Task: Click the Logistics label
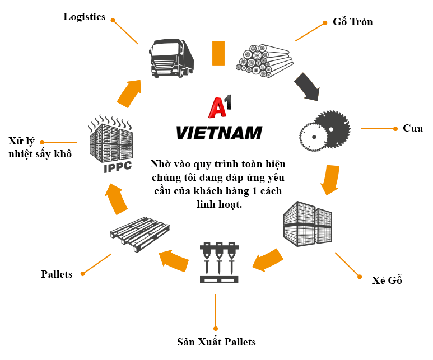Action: [x=84, y=17]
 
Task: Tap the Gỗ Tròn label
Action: [x=352, y=22]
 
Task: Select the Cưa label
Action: [x=412, y=128]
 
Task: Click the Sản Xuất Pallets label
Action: [x=216, y=342]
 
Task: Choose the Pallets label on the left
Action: [x=57, y=274]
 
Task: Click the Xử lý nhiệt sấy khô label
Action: [x=40, y=147]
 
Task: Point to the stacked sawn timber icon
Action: [x=308, y=222]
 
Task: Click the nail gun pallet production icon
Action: [x=219, y=262]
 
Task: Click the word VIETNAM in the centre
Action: [x=219, y=133]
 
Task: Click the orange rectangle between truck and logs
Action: [x=218, y=53]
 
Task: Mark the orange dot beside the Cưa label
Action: [x=395, y=129]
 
